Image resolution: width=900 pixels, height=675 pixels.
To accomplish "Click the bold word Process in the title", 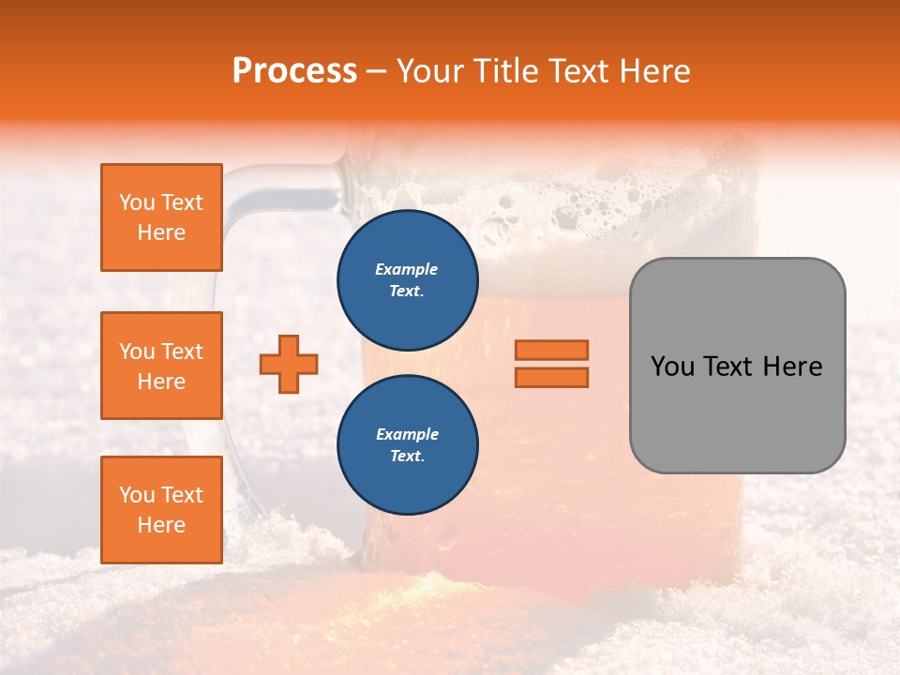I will click(x=294, y=71).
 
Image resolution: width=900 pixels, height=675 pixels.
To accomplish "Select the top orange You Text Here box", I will click(x=161, y=217).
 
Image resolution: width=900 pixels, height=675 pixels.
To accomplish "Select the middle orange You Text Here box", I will click(x=161, y=366).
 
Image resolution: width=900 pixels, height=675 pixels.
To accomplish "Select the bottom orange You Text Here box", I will click(x=161, y=509).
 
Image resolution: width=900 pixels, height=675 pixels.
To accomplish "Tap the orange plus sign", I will click(x=289, y=364).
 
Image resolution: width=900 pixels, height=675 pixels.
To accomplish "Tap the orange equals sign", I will click(x=551, y=364).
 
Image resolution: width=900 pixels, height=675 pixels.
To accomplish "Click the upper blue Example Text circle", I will click(x=408, y=279).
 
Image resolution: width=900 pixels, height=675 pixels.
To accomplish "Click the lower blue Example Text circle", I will click(x=408, y=444).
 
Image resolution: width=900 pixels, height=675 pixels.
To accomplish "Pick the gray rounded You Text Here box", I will click(x=737, y=366).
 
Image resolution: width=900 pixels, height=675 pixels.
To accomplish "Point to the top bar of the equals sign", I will click(x=551, y=351).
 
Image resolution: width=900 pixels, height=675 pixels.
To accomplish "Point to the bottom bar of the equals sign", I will click(x=551, y=377).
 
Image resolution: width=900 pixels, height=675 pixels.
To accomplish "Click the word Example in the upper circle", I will click(x=407, y=269).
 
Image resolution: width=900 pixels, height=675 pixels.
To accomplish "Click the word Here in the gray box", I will click(x=792, y=367).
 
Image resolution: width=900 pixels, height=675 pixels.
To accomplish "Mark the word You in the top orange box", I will click(x=137, y=202).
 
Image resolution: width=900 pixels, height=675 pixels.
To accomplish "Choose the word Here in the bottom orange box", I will click(x=161, y=525).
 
